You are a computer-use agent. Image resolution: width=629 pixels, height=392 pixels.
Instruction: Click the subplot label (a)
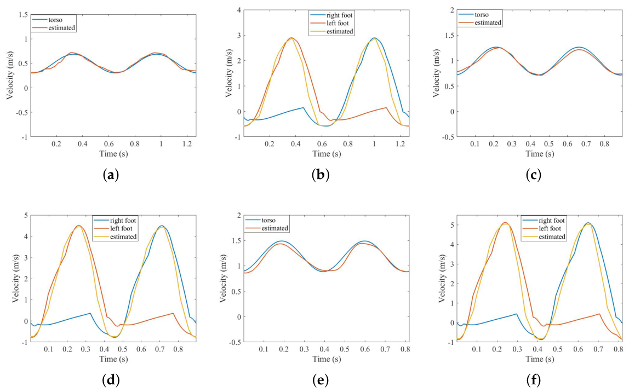coord(111,175)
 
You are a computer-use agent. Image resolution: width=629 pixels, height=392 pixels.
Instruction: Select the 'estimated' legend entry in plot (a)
coord(61,28)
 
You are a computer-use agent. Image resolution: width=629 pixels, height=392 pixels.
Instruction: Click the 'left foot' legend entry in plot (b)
coord(338,23)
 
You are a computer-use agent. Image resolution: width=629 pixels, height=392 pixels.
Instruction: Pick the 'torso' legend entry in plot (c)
coord(482,15)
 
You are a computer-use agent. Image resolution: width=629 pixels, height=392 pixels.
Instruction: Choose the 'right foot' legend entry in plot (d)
coord(123,221)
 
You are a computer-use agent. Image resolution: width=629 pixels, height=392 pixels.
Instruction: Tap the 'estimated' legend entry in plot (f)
coord(552,237)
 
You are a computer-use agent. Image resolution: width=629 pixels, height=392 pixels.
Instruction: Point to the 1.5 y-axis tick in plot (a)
coord(24,15)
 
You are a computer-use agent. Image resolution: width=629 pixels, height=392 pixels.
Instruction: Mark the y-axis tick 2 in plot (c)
coord(453,10)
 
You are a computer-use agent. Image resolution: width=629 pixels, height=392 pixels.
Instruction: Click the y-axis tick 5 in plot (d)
coord(26,215)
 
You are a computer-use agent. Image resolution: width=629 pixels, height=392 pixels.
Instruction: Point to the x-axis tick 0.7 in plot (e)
coord(385,349)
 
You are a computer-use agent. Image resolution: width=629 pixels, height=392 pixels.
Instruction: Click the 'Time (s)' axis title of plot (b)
coord(327,154)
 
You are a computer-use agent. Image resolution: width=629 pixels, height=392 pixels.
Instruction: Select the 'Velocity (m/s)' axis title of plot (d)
coord(16,279)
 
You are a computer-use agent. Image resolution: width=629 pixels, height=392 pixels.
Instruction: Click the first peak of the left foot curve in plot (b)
coord(291,38)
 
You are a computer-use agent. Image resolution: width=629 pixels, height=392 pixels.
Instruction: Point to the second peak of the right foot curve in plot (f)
coord(588,223)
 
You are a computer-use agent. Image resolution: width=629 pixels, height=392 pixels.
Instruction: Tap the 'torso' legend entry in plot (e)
coord(268,221)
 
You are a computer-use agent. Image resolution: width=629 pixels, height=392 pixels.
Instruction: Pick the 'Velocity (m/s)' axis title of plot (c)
coord(436,73)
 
